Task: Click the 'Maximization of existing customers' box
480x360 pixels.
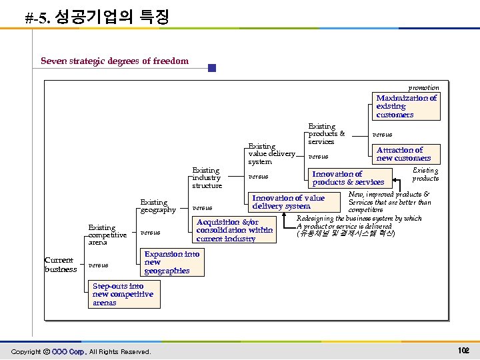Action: [x=406, y=107]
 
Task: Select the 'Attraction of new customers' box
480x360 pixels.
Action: [x=403, y=154]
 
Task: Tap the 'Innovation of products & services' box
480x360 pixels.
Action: [x=348, y=178]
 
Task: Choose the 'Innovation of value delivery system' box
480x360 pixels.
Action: [x=288, y=202]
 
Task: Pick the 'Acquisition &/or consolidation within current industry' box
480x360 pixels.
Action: [x=234, y=230]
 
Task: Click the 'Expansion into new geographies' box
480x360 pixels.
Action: [x=171, y=263]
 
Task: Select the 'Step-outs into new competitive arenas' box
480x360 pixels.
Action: [x=123, y=295]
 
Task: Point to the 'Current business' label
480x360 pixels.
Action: [x=61, y=265]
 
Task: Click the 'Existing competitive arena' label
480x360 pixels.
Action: [x=107, y=235]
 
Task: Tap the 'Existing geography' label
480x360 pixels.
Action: [x=158, y=206]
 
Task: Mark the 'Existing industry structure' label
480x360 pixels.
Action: [x=207, y=178]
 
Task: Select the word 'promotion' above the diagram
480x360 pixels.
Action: [x=424, y=87]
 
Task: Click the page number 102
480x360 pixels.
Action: [x=464, y=351]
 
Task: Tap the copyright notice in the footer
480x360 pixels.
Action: [x=81, y=351]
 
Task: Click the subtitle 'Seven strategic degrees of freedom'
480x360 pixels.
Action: [x=115, y=61]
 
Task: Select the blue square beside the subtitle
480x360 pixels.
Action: [x=212, y=68]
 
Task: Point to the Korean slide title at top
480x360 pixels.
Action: [x=97, y=17]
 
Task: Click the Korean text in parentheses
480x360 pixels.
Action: [x=346, y=234]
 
